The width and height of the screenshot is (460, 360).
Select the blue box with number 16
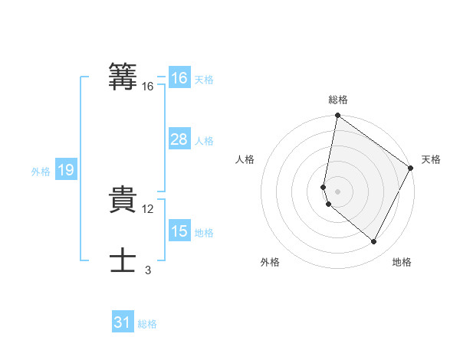click(179, 78)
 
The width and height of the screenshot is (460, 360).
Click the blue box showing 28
click(179, 139)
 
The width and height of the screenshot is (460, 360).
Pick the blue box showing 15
click(179, 231)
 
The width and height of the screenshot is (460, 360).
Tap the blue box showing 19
click(65, 170)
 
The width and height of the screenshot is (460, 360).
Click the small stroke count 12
click(149, 209)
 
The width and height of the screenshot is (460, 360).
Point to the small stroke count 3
click(148, 270)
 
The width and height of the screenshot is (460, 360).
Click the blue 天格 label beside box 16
click(204, 80)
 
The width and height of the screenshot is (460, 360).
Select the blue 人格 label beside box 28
click(204, 141)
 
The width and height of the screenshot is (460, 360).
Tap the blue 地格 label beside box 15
click(204, 233)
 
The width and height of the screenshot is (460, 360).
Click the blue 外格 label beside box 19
click(41, 172)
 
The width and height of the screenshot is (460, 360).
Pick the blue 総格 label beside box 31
click(147, 324)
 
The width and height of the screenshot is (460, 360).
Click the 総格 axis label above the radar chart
click(338, 100)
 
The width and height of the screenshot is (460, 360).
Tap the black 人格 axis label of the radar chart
click(245, 159)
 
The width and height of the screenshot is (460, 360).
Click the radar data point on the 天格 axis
click(412, 169)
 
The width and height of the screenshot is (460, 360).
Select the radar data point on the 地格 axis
click(374, 242)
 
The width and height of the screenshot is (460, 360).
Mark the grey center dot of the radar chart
click(338, 191)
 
